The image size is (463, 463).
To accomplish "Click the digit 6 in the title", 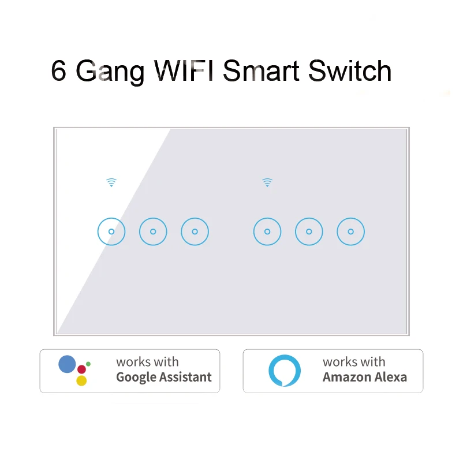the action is pyautogui.click(x=58, y=71).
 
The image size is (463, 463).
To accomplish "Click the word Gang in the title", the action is pyautogui.click(x=110, y=73).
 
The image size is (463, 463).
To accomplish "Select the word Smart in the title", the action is pyautogui.click(x=262, y=71).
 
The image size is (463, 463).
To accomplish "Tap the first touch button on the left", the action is pyautogui.click(x=111, y=231).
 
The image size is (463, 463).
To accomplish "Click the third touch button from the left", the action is pyautogui.click(x=195, y=231).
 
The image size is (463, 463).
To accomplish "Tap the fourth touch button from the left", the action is pyautogui.click(x=267, y=231).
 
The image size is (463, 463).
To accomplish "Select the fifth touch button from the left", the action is pyautogui.click(x=309, y=231).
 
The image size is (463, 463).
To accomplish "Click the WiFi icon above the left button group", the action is pyautogui.click(x=111, y=183).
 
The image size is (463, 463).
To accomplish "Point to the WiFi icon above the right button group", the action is pyautogui.click(x=267, y=183).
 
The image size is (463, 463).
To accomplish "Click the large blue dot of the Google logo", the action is pyautogui.click(x=68, y=364).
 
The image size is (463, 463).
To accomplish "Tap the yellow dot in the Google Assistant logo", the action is pyautogui.click(x=81, y=380).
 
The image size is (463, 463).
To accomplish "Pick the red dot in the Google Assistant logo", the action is pyautogui.click(x=81, y=369).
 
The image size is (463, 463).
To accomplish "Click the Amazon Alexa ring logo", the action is pyautogui.click(x=285, y=371).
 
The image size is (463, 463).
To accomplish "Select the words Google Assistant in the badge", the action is pyautogui.click(x=164, y=378).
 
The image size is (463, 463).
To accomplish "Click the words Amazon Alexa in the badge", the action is pyautogui.click(x=364, y=378).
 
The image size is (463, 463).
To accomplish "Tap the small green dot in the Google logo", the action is pyautogui.click(x=88, y=363).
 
